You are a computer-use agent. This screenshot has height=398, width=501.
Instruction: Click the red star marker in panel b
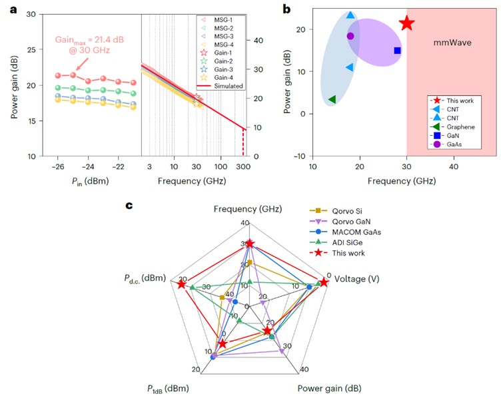406,23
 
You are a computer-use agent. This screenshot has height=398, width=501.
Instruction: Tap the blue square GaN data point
398,51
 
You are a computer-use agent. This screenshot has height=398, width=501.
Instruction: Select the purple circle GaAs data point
350,36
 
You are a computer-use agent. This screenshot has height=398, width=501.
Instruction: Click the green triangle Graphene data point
332,99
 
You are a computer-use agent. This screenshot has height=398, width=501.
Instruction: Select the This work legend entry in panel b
453,100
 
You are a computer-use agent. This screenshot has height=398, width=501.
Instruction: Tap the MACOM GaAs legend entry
346,230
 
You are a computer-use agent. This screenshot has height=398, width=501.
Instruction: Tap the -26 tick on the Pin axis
58,166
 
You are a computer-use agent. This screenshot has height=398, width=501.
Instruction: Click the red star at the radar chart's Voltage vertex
324,282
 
